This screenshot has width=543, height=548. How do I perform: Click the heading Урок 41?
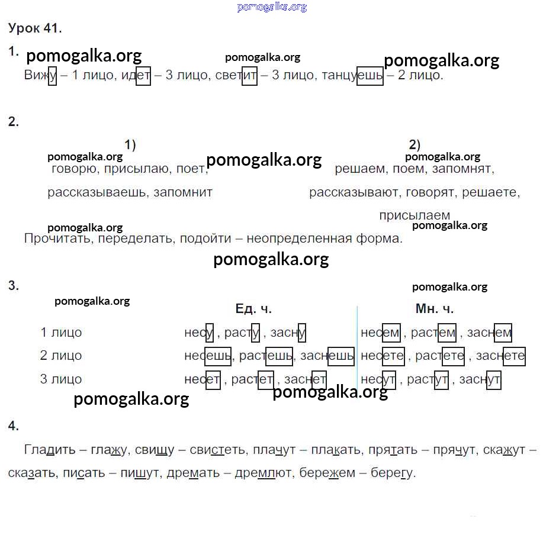point(35,28)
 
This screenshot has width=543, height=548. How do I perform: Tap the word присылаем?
point(415,215)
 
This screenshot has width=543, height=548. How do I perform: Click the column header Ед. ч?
point(253,309)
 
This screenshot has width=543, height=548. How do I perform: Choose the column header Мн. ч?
point(435,309)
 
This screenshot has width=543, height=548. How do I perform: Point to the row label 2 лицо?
point(61,356)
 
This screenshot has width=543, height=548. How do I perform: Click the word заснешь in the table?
point(327,356)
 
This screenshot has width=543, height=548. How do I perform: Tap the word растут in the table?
point(428,379)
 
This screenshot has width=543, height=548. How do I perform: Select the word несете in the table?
point(383,356)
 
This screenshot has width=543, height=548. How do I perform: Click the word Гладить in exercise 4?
point(50,450)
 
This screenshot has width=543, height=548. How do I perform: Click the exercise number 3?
point(14,286)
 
